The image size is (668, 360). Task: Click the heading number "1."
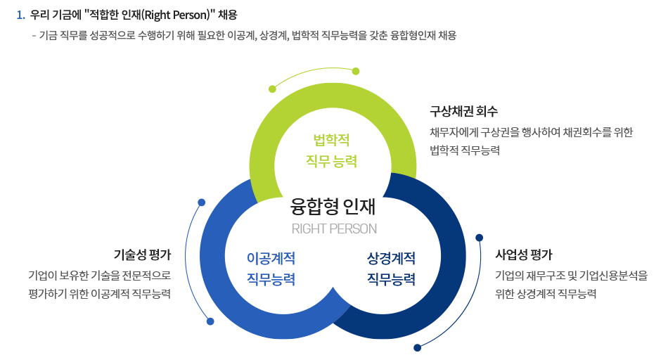[20, 15]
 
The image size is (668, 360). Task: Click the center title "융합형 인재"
[333, 205]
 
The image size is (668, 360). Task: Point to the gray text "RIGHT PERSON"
[334, 229]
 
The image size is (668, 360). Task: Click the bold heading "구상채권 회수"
[463, 111]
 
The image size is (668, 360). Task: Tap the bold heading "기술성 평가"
[142, 254]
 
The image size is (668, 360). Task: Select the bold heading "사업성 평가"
[524, 254]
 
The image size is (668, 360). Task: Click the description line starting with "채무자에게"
[531, 131]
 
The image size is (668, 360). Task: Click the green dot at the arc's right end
[356, 71]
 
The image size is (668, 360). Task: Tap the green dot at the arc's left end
[272, 89]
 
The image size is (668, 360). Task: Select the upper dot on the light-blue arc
[202, 202]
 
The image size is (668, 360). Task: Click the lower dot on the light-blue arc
[210, 321]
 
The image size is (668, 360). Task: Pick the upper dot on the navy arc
[480, 237]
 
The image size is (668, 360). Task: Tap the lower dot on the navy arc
[418, 347]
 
